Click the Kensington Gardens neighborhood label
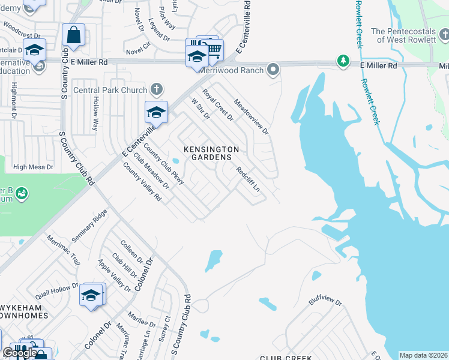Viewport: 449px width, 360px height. click(211, 153)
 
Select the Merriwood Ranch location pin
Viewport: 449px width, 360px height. click(273, 70)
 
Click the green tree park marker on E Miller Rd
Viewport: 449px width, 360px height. click(343, 61)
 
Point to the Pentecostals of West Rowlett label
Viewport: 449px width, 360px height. click(410, 35)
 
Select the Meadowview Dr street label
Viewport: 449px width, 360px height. click(251, 116)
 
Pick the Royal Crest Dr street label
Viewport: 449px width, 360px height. click(217, 104)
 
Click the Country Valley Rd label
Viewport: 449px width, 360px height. click(142, 182)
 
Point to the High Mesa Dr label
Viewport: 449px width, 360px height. click(33, 167)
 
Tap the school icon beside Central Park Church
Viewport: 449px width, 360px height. click(155, 112)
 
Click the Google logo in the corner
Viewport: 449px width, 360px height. click(20, 353)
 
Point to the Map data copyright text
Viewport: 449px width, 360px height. click(423, 355)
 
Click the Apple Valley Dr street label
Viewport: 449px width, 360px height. click(114, 275)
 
